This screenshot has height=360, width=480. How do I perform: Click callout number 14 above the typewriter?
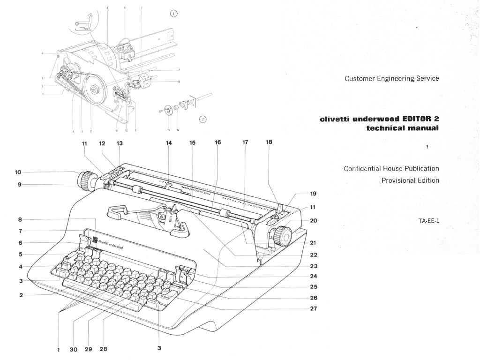point(169,142)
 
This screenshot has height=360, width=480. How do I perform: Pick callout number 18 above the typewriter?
point(269,142)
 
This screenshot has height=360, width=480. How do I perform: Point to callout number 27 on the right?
point(314,308)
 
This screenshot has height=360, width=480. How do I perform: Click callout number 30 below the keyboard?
point(74,349)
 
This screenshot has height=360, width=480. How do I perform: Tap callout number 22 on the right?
point(314,255)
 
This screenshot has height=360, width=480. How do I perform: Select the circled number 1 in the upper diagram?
point(174,14)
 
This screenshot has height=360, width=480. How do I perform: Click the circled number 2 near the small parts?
point(203,119)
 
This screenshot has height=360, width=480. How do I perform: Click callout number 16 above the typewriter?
point(217,142)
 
